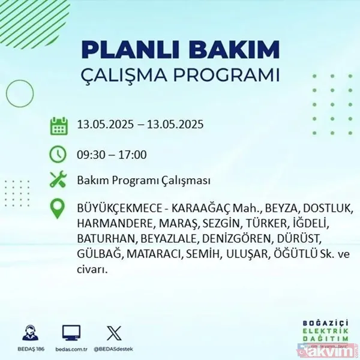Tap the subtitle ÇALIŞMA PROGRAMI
click(x=180, y=76)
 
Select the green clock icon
click(x=58, y=154)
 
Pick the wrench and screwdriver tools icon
click(x=58, y=180)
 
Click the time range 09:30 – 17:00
click(x=112, y=155)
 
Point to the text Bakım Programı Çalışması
click(x=143, y=181)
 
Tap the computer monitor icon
click(x=71, y=331)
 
